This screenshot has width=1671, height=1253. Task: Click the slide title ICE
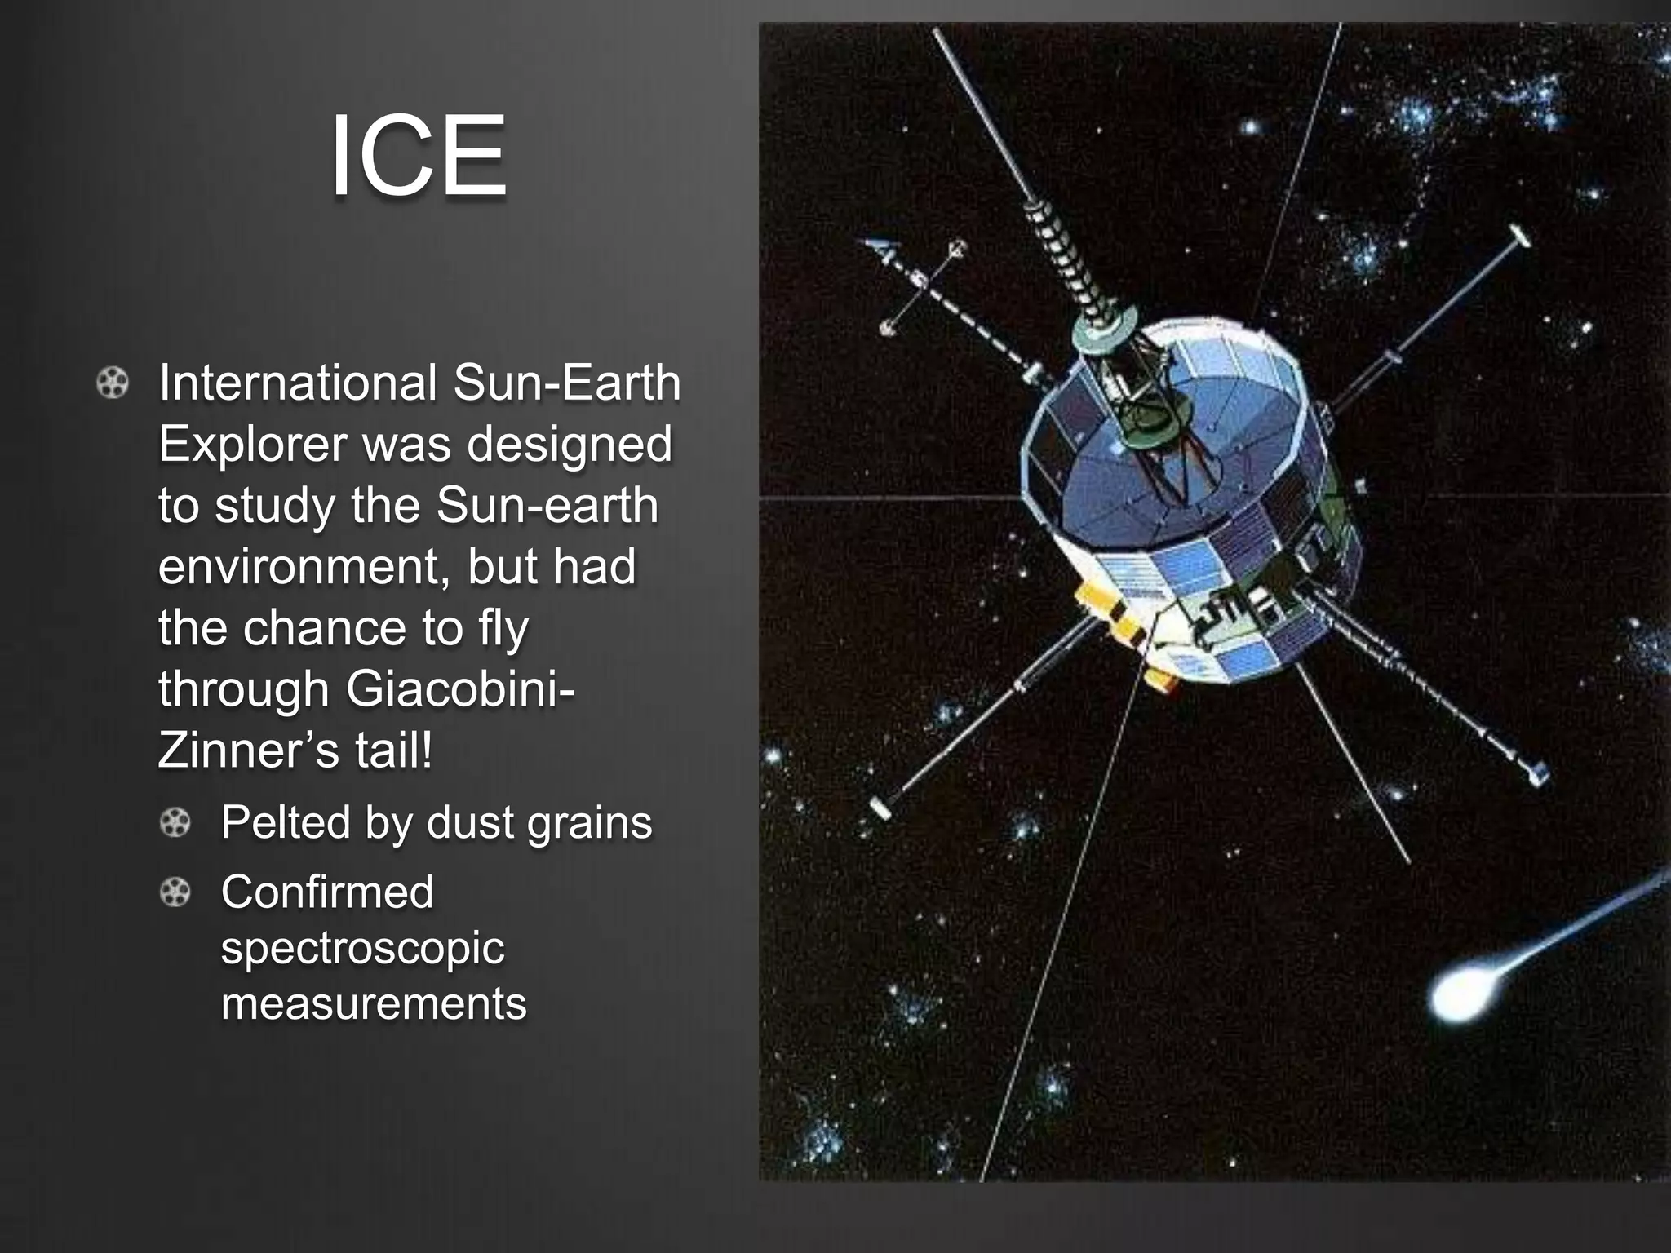click(418, 157)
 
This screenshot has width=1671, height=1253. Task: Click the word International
click(298, 383)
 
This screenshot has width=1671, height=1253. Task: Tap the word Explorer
click(252, 444)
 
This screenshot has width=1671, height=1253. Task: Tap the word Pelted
click(286, 822)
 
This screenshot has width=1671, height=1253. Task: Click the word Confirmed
click(327, 892)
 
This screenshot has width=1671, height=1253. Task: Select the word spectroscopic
click(362, 948)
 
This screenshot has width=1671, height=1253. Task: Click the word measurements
click(374, 1003)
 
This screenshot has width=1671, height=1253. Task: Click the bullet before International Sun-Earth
click(113, 383)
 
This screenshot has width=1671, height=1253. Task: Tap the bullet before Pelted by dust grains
click(175, 822)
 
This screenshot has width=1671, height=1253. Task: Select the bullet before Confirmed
click(175, 892)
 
